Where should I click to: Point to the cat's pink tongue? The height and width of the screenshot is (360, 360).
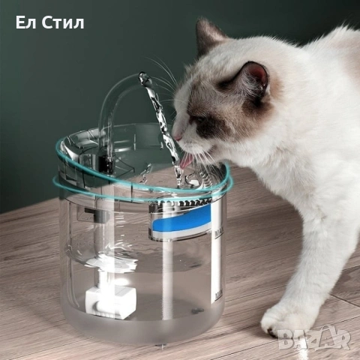click(183, 159)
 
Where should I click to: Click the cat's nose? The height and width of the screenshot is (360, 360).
click(176, 137)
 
